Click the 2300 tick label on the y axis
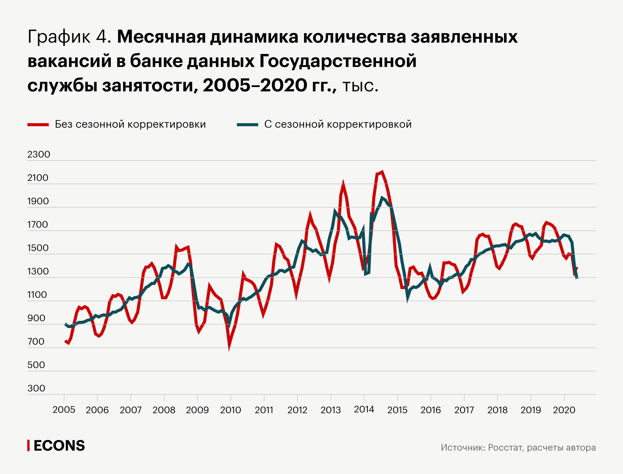point(39,154)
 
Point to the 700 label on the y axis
point(36,341)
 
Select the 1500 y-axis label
point(38,248)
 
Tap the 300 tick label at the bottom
point(36,388)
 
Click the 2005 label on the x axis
point(64,410)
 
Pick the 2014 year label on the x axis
point(364,409)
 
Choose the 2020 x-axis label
point(564,410)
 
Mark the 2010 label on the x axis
point(231,410)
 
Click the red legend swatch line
point(38,125)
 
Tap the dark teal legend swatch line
point(247,125)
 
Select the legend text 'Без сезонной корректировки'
point(130,124)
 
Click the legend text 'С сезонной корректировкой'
point(338,124)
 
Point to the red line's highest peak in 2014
point(382,172)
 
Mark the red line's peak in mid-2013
point(343,184)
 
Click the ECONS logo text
point(59,446)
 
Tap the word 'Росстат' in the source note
point(506,447)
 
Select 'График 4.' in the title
point(69,37)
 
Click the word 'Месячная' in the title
point(161,37)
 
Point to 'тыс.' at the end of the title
point(360,86)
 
